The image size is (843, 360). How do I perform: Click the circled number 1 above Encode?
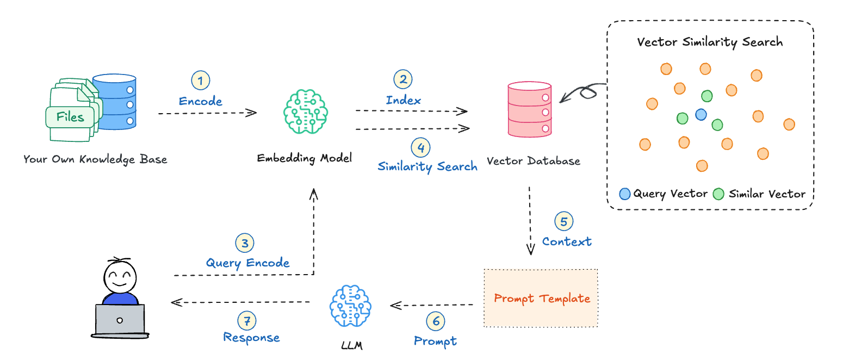[200, 81]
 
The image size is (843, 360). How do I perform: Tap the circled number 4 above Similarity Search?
[420, 147]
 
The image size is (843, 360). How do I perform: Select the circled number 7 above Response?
[247, 321]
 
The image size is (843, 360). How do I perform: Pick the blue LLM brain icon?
[350, 306]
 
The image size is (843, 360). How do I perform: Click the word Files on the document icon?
[70, 117]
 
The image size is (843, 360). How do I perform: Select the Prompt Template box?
[541, 298]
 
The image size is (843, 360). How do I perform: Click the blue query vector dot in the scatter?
[701, 115]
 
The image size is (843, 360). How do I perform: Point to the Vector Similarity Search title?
[710, 42]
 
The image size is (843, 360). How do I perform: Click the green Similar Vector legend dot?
[719, 193]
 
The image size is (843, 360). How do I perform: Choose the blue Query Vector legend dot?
[625, 193]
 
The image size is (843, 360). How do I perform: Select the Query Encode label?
[247, 263]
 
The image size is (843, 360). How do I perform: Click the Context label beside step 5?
[567, 241]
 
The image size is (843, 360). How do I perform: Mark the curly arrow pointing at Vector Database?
[584, 92]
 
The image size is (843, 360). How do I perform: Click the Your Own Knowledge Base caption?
[95, 159]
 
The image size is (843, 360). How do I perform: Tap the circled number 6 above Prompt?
[435, 321]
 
